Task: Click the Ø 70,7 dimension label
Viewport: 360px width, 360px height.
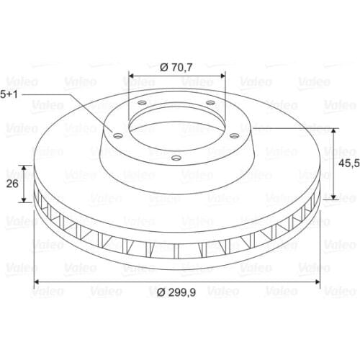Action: tap(176, 68)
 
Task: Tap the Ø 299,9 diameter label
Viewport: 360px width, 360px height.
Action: tap(176, 292)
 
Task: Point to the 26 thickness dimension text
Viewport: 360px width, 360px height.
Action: tap(12, 184)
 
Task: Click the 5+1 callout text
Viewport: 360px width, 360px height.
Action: tap(9, 94)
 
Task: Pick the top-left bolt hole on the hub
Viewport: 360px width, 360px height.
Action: tap(143, 103)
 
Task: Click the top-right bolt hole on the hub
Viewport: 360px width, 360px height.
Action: tap(210, 103)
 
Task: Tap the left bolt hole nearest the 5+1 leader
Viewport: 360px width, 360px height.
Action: tap(118, 136)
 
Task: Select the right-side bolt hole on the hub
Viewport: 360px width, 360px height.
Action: tap(234, 136)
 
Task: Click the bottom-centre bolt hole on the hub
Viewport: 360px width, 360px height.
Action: tap(176, 158)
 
